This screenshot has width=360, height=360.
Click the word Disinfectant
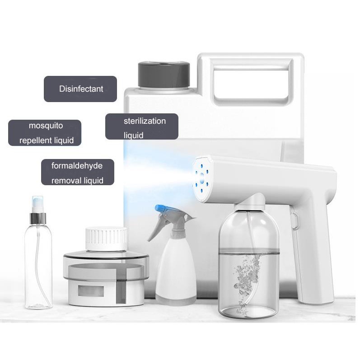[x=81, y=89]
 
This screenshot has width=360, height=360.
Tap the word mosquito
[x=46, y=126]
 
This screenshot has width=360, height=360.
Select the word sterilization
[x=145, y=121]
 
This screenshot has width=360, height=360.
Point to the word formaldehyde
[x=77, y=166]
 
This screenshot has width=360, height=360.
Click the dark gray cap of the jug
[x=164, y=75]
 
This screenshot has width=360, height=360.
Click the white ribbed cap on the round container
[x=106, y=238]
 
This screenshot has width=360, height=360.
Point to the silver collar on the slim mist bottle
[x=38, y=218]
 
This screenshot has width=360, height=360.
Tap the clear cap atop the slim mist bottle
[x=37, y=204]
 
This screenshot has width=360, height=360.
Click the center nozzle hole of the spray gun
[x=202, y=178]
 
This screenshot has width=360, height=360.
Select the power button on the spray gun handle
[x=295, y=220]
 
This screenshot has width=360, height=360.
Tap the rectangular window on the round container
[x=91, y=291]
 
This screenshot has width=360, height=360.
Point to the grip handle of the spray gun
[x=314, y=252]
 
